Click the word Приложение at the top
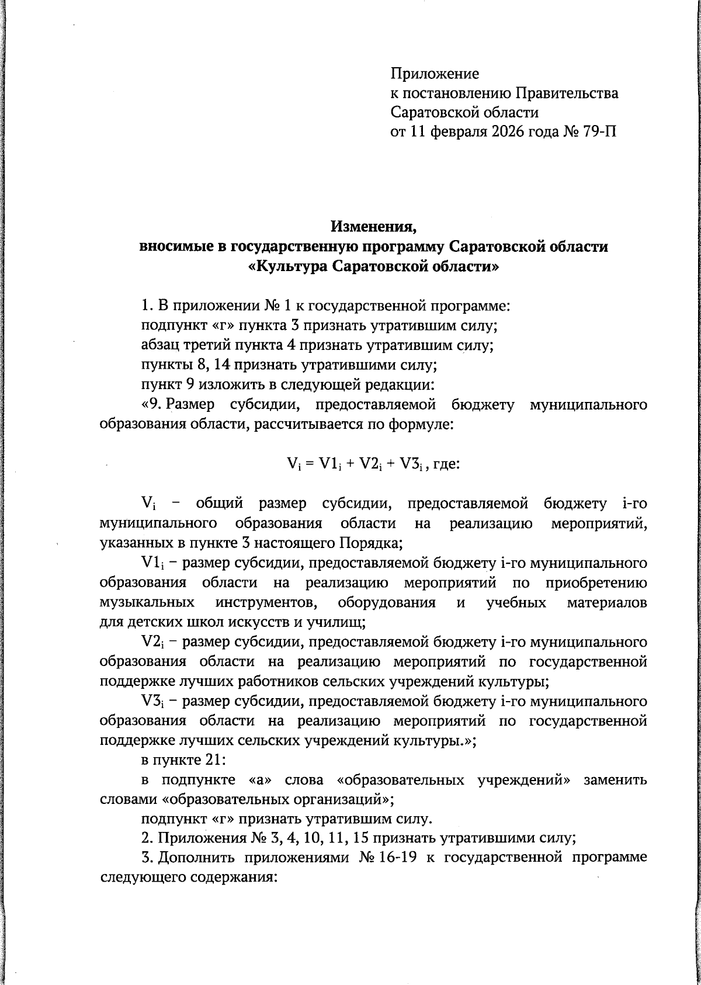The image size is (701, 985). (435, 74)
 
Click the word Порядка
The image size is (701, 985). (370, 543)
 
